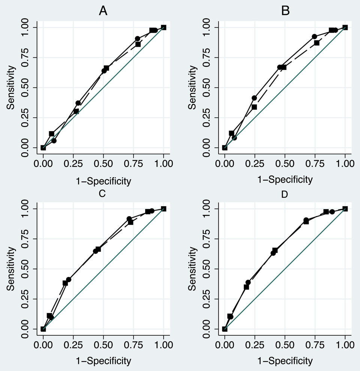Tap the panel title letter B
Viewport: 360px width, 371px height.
tap(285, 12)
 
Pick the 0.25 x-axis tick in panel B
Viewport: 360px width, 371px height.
tap(255, 164)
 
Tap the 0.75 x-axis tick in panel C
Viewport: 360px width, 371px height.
tap(133, 345)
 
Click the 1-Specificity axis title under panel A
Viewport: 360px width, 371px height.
tap(103, 181)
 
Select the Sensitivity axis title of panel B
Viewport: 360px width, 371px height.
tap(192, 88)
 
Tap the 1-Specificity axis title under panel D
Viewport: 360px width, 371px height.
tap(285, 361)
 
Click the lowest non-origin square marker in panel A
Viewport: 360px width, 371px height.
tap(51, 133)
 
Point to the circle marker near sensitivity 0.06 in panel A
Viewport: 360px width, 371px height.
tap(54, 141)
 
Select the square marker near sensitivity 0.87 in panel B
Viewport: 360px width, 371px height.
tap(316, 43)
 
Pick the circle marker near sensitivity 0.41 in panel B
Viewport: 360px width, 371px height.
tap(254, 98)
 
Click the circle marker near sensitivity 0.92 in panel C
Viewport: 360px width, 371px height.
tap(129, 218)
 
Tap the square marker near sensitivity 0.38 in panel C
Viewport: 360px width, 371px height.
tap(65, 283)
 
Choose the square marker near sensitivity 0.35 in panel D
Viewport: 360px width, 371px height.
tap(246, 287)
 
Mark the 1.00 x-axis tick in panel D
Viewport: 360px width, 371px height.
tap(345, 345)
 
